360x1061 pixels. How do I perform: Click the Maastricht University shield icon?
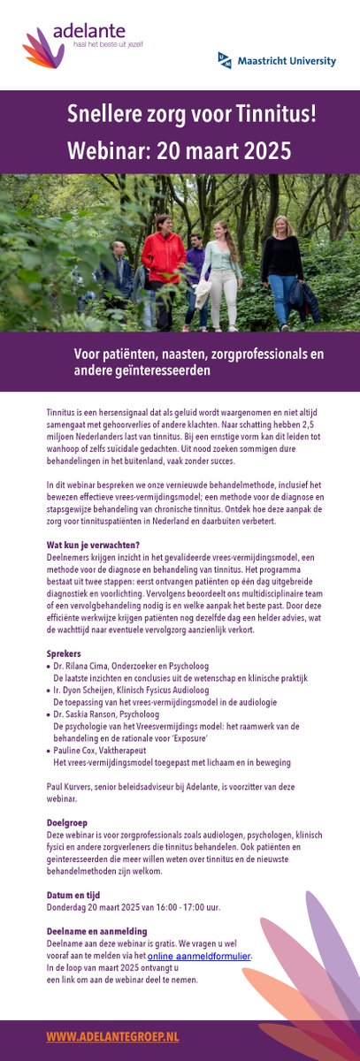(x=225, y=60)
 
